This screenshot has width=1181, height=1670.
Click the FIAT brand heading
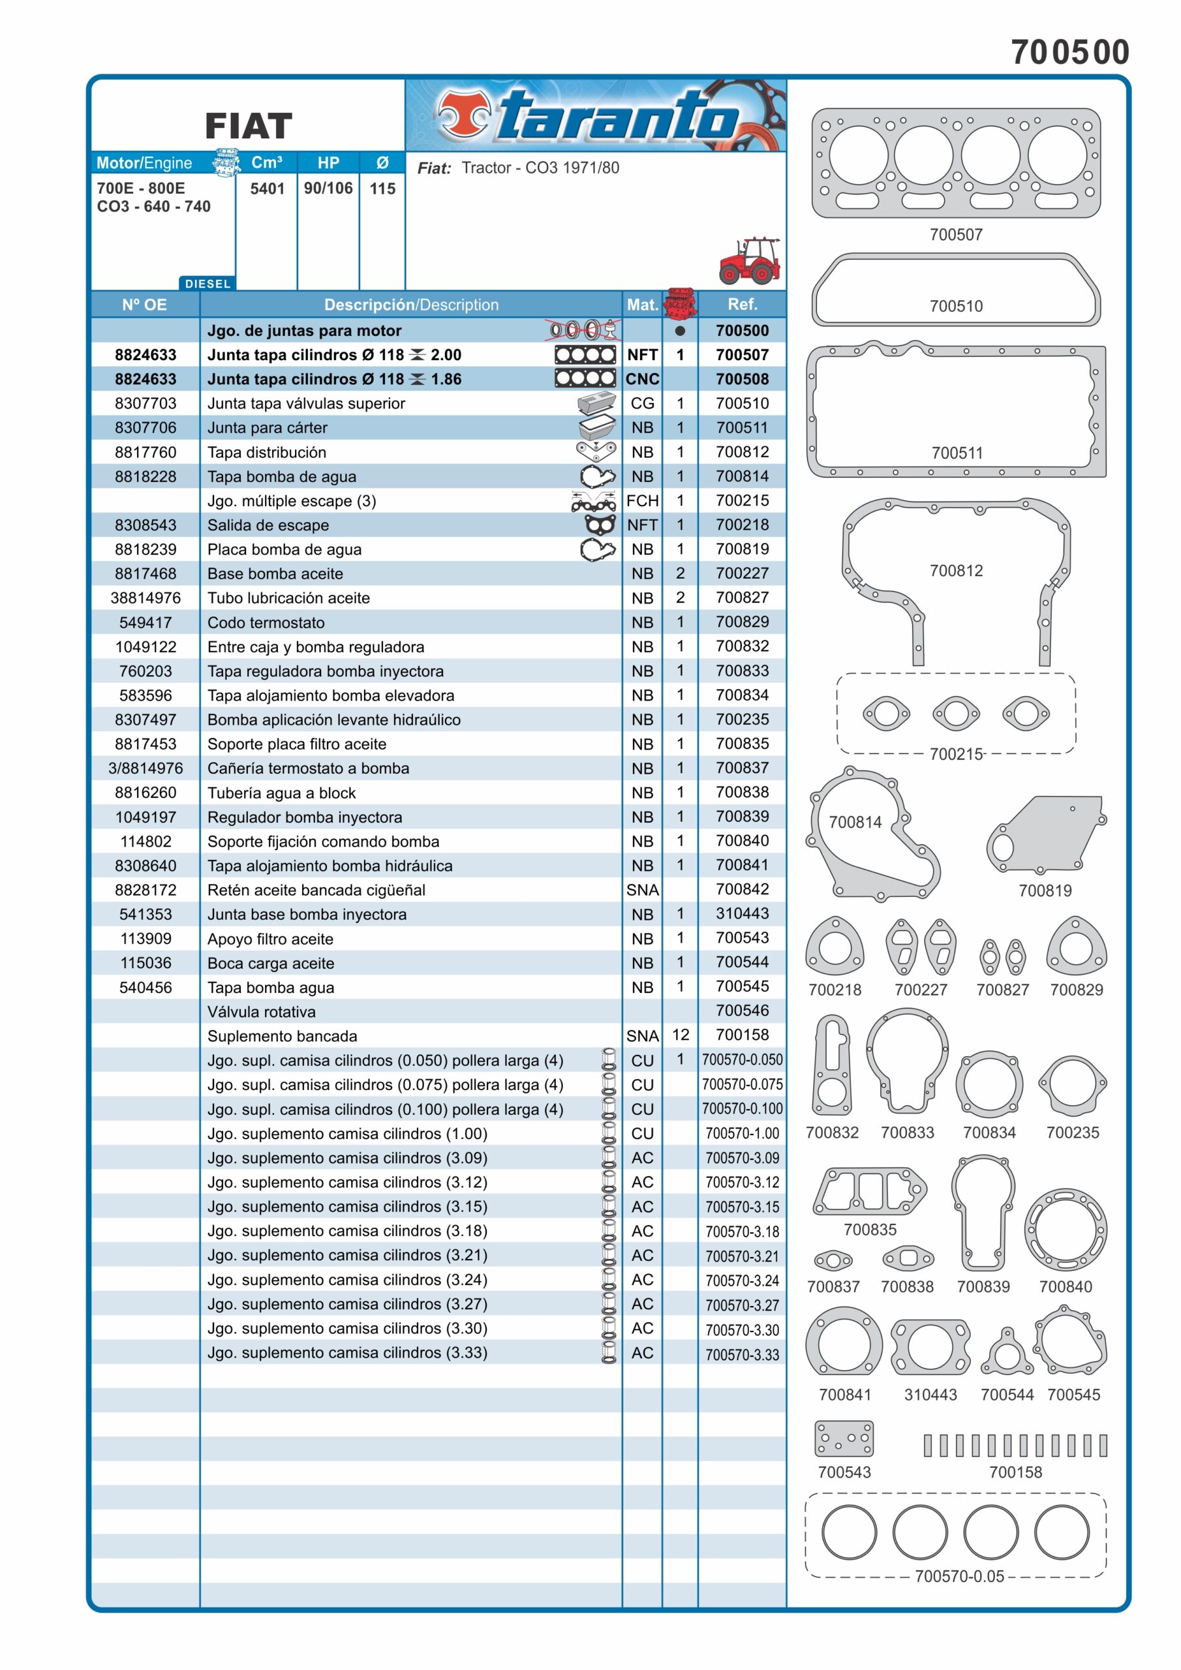(248, 127)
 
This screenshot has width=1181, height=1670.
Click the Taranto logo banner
(595, 115)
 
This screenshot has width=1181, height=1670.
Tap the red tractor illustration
(749, 260)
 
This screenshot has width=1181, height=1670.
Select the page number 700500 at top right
(1069, 52)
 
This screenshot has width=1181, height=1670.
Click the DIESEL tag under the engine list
(207, 284)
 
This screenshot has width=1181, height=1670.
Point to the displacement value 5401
(267, 189)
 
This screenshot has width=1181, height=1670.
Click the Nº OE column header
(145, 305)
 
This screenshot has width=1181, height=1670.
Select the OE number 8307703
(146, 404)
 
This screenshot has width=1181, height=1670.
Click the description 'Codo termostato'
(266, 622)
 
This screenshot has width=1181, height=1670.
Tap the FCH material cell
(642, 501)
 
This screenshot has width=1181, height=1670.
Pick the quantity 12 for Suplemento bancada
(680, 1035)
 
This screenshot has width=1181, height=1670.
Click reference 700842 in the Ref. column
(741, 889)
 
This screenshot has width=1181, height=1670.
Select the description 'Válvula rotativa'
(261, 1012)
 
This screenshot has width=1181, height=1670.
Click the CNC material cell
(642, 379)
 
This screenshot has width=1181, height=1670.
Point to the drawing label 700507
(955, 235)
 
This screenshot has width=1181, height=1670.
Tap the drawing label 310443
(930, 1394)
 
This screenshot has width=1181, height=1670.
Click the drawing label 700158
(1015, 1472)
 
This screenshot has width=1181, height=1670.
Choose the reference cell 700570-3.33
(741, 1354)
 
